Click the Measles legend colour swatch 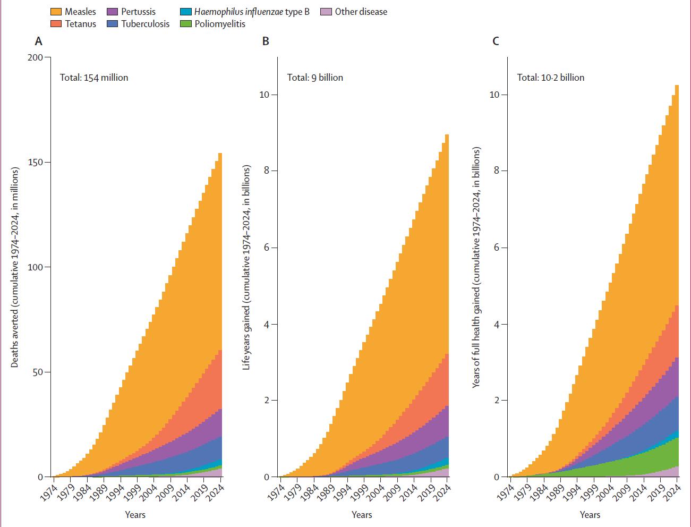pos(56,12)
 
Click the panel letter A pos(38,41)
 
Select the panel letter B pos(266,41)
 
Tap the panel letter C pos(496,41)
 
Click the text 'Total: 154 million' pos(94,78)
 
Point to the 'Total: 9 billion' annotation pos(315,78)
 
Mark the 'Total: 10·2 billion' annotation pos(551,78)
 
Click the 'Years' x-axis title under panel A pos(135,514)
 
